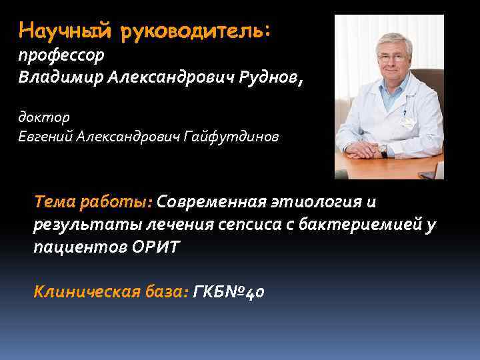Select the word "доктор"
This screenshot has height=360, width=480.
43,117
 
